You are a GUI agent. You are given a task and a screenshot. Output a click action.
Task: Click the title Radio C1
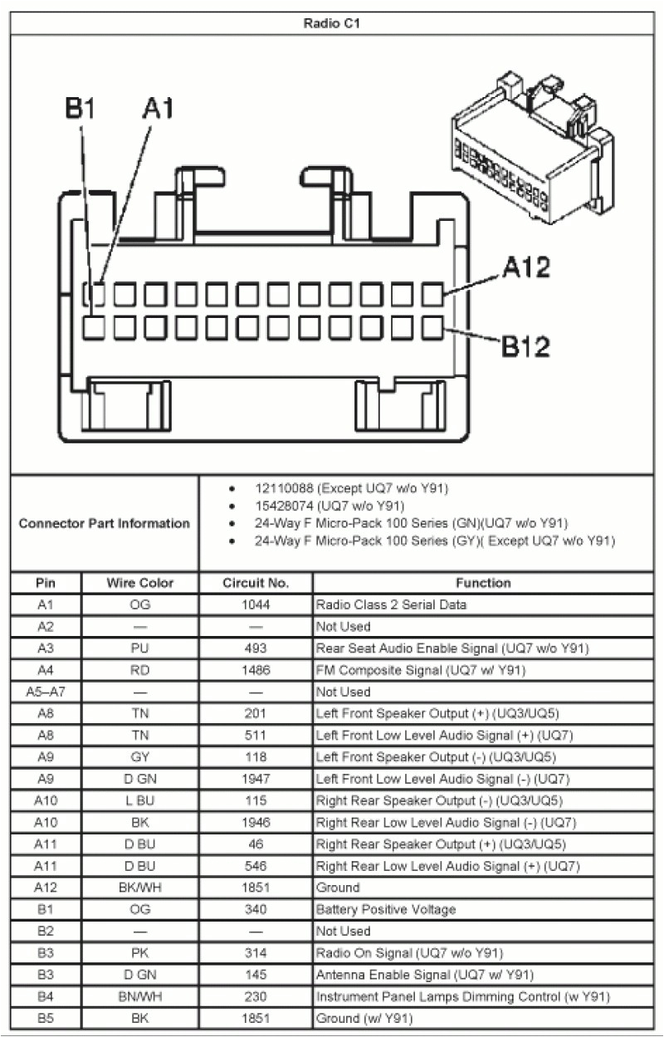(x=331, y=23)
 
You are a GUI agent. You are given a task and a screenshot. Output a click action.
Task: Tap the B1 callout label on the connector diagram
(x=81, y=109)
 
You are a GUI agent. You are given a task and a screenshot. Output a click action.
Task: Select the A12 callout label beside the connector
(x=525, y=268)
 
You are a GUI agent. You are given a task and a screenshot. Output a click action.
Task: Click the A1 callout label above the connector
(x=158, y=109)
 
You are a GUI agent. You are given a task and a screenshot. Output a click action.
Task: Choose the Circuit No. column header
(x=256, y=583)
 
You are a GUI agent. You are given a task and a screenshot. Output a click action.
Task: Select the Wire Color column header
(x=140, y=583)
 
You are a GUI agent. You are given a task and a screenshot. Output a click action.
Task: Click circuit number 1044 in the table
(x=256, y=604)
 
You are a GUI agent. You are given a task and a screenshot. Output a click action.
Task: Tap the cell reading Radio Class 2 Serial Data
(x=391, y=604)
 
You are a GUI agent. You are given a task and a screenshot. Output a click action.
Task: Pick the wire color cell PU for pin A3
(x=140, y=648)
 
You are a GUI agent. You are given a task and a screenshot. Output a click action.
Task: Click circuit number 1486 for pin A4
(x=256, y=670)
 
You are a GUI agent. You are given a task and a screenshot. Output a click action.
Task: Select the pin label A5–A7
(x=46, y=692)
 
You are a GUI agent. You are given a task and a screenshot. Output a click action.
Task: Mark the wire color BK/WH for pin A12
(x=140, y=888)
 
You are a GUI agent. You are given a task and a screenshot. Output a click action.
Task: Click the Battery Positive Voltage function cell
(x=386, y=909)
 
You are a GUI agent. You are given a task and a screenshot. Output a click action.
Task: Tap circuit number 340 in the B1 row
(x=256, y=909)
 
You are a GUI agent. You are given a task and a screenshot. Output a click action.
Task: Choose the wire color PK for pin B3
(x=140, y=952)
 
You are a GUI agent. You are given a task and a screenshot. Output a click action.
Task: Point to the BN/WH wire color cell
(x=140, y=996)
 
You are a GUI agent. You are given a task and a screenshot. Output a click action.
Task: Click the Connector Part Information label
(x=104, y=524)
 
